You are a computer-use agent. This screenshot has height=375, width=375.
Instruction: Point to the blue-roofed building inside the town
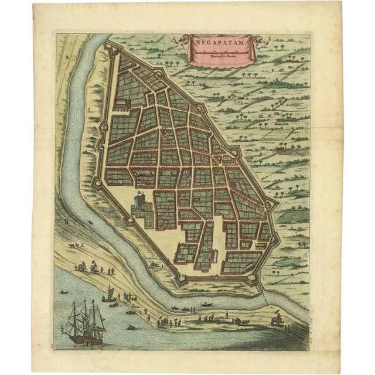139,203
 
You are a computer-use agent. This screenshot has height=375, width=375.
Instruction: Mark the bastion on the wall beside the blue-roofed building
127,222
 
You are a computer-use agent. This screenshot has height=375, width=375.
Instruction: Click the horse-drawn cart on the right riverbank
240,321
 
